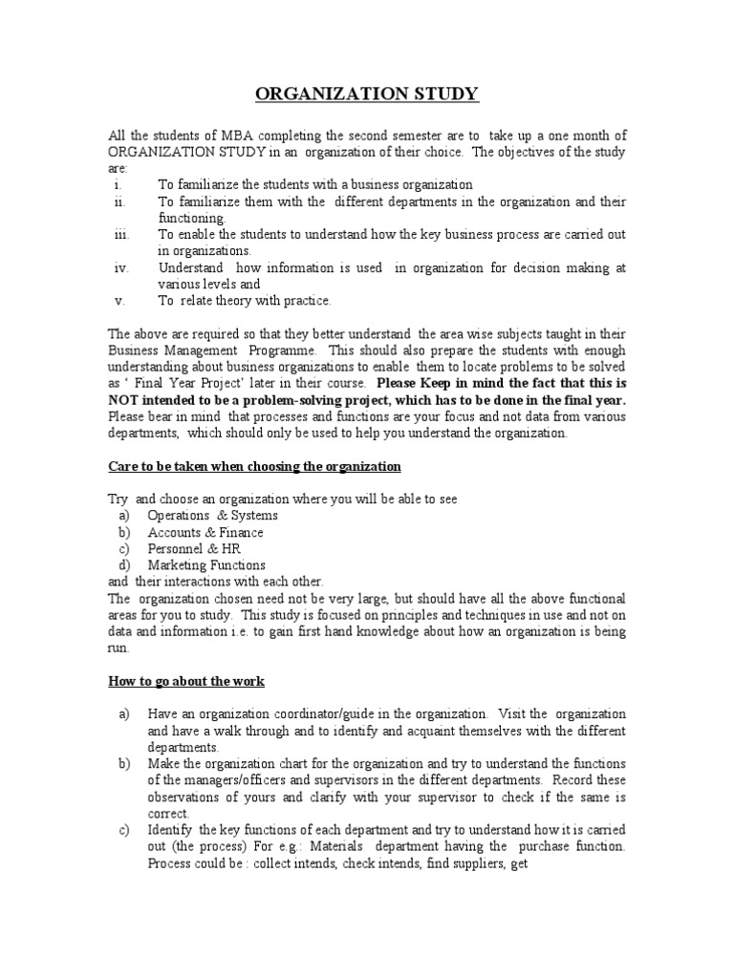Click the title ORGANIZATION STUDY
point(366,94)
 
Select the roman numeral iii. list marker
point(121,234)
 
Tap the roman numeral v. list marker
point(120,301)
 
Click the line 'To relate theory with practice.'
point(246,301)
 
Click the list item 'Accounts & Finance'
point(205,532)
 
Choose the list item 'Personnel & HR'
point(194,549)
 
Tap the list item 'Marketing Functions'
point(206,565)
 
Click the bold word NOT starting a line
point(125,400)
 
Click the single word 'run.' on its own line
point(118,648)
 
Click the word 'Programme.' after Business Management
point(287,351)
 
